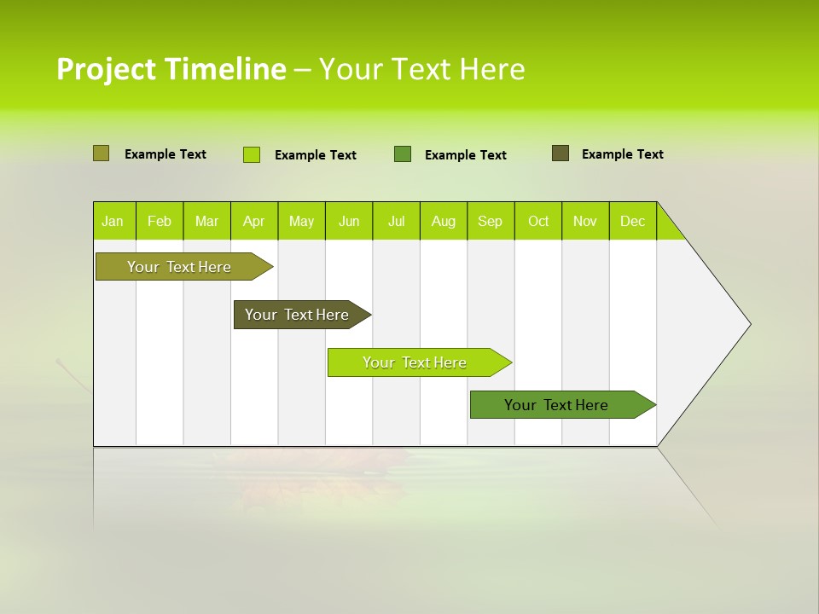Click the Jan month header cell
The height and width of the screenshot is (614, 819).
click(113, 221)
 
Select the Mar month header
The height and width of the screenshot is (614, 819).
click(206, 221)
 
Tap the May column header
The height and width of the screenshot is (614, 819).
click(301, 221)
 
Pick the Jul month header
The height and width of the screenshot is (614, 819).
click(396, 221)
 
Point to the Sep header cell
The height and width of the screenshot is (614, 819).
click(490, 221)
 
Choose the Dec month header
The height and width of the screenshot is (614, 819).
click(632, 221)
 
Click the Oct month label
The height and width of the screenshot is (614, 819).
click(538, 221)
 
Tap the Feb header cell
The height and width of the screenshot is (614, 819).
click(160, 221)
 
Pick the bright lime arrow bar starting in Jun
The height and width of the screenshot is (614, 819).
click(415, 362)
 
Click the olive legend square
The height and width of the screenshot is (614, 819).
click(101, 153)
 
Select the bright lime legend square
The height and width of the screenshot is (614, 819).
click(252, 154)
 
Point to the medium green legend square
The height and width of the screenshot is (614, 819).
click(403, 153)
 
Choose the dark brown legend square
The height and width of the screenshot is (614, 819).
click(561, 153)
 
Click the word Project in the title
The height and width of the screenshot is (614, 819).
click(107, 69)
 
